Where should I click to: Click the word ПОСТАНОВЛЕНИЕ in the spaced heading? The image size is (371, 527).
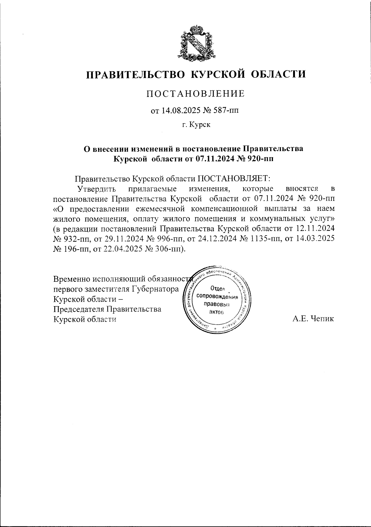(195, 94)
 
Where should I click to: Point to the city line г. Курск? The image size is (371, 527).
(196, 125)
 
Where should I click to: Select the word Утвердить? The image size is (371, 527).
(96, 189)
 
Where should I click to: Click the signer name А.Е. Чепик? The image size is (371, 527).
(313, 319)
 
